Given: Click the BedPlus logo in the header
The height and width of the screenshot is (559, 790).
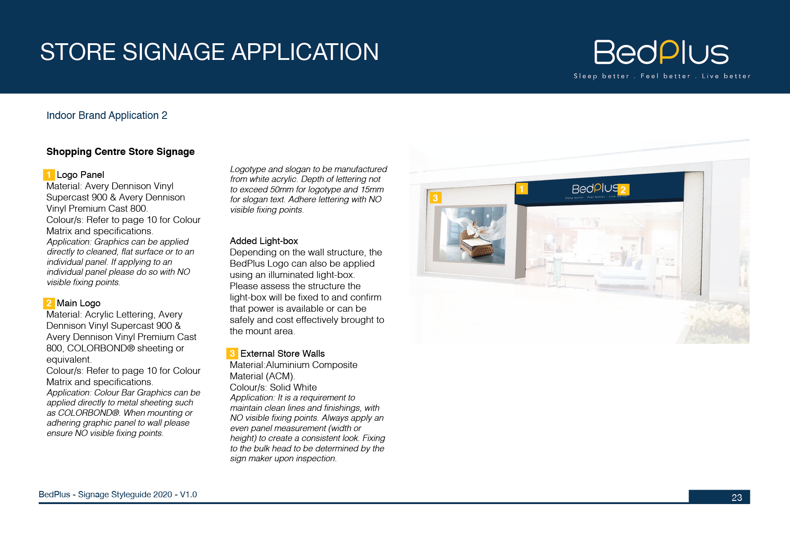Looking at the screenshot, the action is point(661,52).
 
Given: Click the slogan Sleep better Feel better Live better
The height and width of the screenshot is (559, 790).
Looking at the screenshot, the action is point(662,76).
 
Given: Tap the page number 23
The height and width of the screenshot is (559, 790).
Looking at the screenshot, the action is point(737,497).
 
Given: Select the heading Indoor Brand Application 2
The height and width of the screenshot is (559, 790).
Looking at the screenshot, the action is point(107,115).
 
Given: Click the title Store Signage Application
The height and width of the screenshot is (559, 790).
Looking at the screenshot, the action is point(209,52).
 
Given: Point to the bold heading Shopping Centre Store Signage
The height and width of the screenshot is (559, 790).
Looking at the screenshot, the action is point(120,152).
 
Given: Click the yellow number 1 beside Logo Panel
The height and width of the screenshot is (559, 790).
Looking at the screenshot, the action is point(49,175).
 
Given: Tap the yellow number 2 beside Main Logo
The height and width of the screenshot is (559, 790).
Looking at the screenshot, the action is point(49,303).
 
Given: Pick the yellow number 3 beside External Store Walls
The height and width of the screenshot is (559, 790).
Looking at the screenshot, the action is point(232,354).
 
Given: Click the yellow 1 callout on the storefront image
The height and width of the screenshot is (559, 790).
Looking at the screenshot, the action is point(522,189).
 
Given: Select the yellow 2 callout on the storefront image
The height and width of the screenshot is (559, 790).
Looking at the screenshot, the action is point(623,190).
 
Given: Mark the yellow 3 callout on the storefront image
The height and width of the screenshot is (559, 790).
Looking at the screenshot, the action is point(436,198).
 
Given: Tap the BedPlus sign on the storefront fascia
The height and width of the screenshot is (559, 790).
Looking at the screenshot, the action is point(595,190).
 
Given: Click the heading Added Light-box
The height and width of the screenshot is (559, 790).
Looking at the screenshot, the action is point(264,241).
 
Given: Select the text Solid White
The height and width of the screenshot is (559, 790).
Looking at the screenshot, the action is point(293,387).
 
